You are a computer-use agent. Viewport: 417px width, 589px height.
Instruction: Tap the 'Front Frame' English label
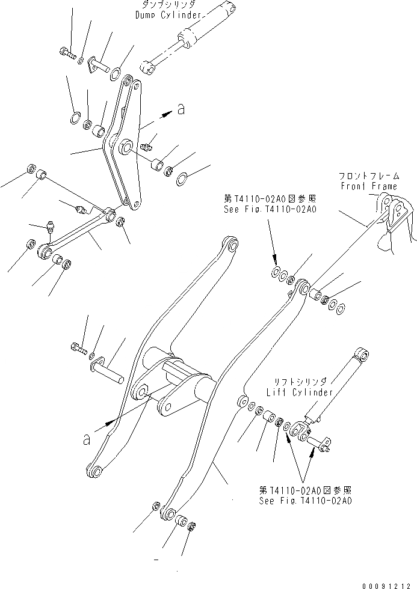pos(369,186)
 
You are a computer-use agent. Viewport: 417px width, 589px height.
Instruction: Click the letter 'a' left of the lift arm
pos(87,440)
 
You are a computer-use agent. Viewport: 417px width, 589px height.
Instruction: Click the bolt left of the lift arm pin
pos(77,347)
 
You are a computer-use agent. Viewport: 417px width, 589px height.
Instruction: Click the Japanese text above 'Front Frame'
pos(369,177)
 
